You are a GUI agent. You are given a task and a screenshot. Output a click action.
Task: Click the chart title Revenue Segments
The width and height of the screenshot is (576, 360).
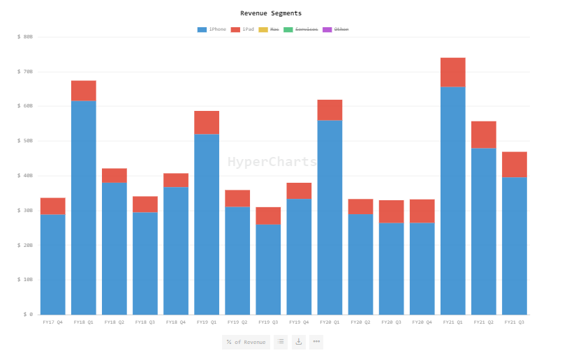click(271, 13)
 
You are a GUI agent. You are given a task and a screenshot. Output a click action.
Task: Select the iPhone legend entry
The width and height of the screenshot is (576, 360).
click(212, 29)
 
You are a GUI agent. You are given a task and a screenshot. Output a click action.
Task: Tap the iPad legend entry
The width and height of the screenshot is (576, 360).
click(243, 29)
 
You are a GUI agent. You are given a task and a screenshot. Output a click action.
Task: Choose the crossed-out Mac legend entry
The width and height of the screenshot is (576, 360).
click(269, 29)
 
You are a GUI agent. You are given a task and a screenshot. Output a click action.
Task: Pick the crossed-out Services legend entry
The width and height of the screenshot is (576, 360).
click(301, 29)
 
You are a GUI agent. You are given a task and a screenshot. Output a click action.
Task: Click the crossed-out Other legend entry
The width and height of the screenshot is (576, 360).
click(336, 29)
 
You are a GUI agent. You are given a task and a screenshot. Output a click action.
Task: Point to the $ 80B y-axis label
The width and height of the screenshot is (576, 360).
click(25, 36)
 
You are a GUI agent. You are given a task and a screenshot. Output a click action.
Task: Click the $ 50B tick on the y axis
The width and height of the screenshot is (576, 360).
click(25, 141)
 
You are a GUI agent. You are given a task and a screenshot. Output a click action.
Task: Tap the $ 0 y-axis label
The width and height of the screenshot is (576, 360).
click(27, 315)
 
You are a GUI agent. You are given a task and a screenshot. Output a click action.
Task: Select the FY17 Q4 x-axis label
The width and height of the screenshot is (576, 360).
click(52, 322)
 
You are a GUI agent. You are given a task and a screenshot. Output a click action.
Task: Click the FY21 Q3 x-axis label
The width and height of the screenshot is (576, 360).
click(515, 322)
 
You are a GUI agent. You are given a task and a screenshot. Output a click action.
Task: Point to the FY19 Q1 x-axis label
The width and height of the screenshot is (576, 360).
click(207, 322)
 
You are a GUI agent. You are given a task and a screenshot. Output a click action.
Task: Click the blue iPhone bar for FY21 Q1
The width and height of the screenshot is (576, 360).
click(452, 202)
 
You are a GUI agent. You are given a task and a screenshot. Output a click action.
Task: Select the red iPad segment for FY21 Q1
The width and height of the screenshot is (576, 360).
click(452, 73)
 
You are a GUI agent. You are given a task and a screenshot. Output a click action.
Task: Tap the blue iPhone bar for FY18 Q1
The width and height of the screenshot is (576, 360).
click(84, 209)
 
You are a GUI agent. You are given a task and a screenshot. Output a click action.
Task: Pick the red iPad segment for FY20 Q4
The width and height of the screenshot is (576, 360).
click(422, 211)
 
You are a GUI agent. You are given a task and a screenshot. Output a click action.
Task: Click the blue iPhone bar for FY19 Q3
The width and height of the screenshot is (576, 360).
click(268, 269)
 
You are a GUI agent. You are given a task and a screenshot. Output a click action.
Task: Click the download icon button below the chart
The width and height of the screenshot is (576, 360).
click(299, 342)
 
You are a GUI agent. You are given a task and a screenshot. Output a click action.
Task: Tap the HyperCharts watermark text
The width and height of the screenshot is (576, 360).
click(272, 162)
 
